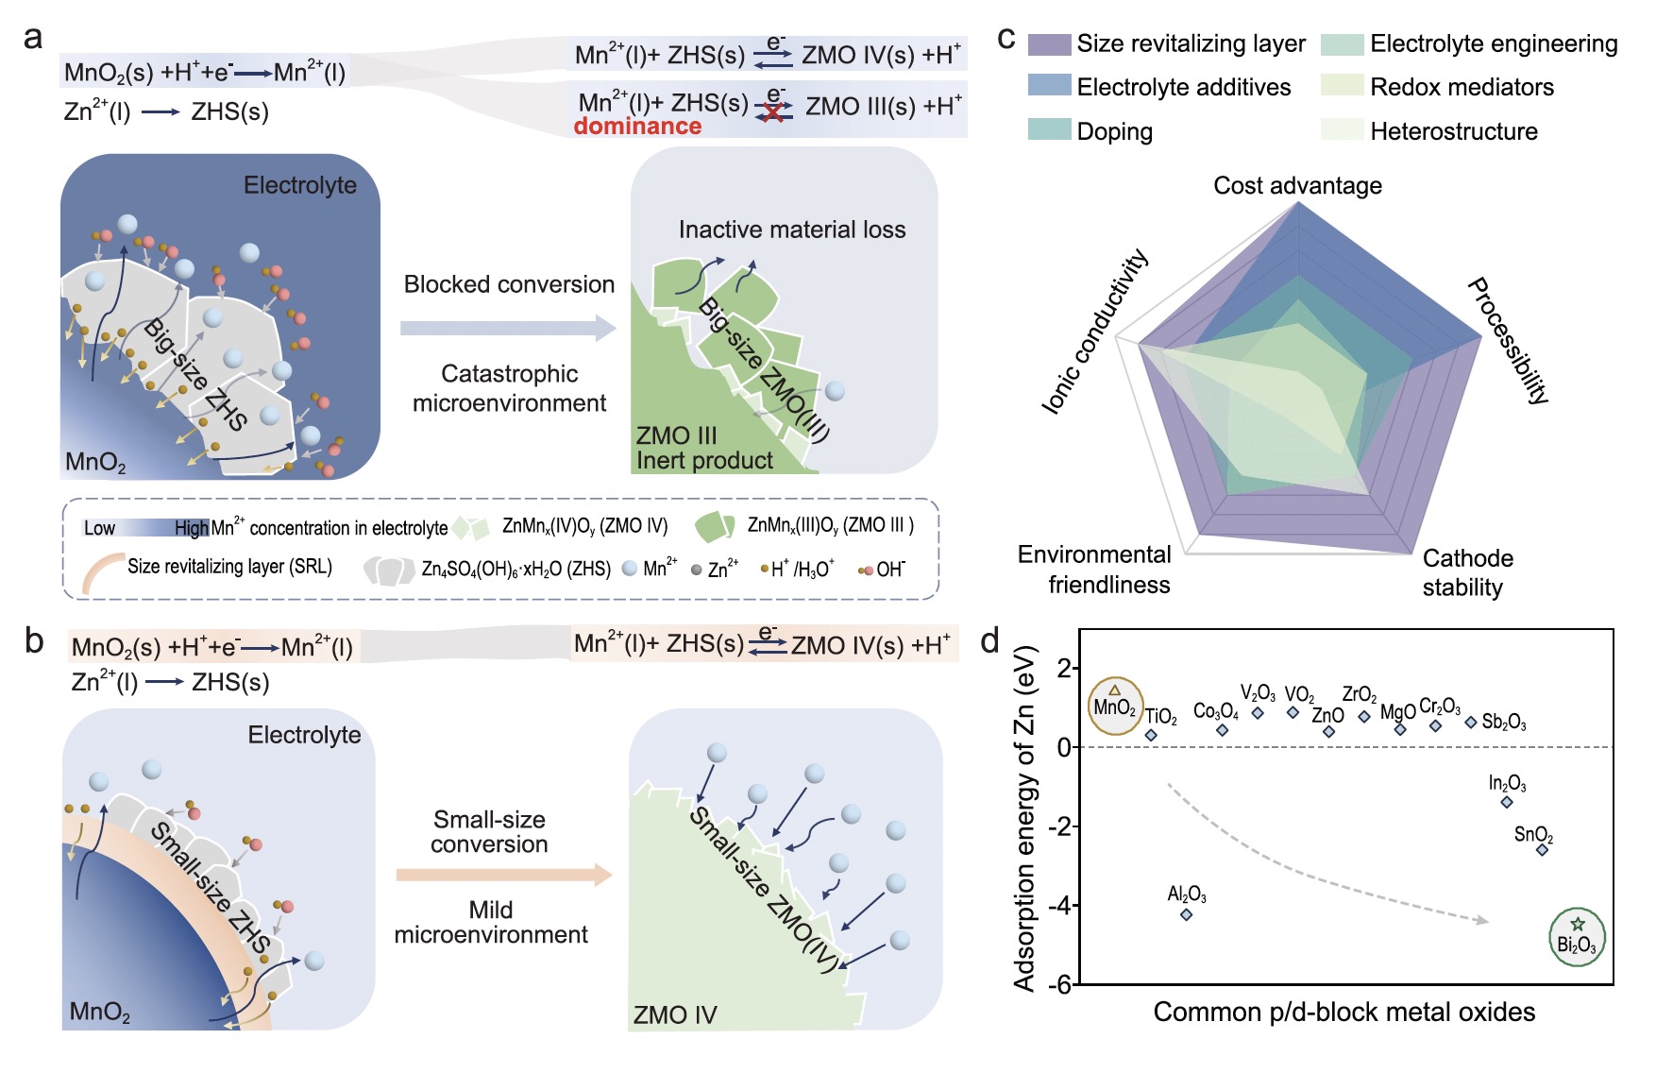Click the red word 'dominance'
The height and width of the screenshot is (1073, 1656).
point(637,126)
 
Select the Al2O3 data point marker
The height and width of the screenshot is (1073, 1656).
point(1187,914)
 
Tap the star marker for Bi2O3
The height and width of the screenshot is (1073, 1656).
point(1578,924)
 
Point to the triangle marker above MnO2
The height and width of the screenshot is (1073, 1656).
point(1115,690)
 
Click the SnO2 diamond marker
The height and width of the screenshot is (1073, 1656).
point(1543,850)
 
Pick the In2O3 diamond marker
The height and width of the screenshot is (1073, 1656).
point(1507,802)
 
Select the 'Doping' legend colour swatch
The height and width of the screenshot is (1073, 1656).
point(1049,129)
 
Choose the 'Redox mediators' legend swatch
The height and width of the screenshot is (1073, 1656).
point(1342,86)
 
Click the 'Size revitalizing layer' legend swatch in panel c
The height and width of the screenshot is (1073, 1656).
point(1049,43)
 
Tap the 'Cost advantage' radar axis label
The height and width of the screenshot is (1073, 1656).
point(1297,185)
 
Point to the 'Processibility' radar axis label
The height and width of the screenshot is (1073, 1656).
point(1509,341)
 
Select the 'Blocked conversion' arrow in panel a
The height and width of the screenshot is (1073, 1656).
point(508,328)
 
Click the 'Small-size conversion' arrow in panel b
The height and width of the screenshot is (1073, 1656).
point(504,875)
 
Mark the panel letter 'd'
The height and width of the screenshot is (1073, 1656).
point(989,641)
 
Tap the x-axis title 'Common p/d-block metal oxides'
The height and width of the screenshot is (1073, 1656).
point(1344,1013)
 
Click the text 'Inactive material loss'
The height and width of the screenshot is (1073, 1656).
point(792,230)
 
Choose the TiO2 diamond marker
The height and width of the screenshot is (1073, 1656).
point(1151,735)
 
